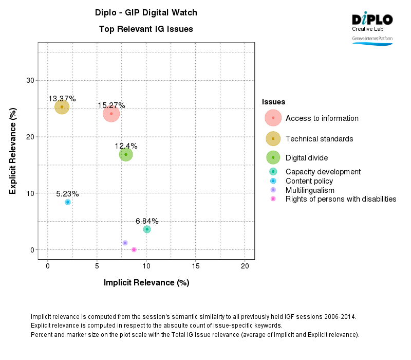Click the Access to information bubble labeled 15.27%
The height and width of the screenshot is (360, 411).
pos(111,114)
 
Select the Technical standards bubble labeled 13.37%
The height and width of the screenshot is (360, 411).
pos(62,107)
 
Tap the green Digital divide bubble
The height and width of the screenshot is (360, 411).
pos(126,154)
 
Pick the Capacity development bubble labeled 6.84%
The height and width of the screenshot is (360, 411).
pos(147,229)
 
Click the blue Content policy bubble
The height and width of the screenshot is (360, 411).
pos(68,202)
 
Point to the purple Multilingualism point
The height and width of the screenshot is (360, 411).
pos(125,243)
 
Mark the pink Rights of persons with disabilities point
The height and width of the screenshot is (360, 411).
pos(134,249)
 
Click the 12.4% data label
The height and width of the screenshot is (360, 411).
pos(126,146)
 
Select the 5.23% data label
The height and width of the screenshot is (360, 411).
pos(67,194)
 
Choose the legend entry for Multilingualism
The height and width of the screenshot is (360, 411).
pos(310,190)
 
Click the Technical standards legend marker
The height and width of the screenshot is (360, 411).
pos(273,138)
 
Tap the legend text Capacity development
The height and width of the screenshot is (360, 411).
pos(323,172)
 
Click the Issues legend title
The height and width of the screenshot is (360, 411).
pos(273,102)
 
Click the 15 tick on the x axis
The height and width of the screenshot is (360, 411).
pos(196,266)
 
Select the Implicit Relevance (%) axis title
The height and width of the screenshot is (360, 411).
pos(146,282)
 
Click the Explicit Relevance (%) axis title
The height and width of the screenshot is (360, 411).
pos(13,151)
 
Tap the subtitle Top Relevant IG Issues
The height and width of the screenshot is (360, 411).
pos(146,29)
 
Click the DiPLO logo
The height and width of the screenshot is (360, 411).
pos(372,20)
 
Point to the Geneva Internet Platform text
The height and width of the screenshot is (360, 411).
pos(372,39)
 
